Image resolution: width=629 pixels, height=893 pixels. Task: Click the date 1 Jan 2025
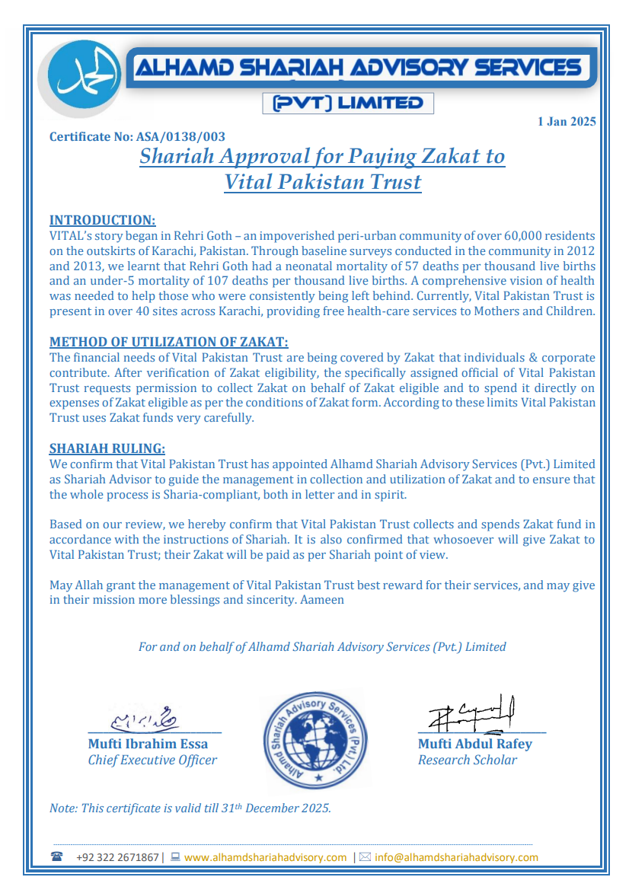[566, 122]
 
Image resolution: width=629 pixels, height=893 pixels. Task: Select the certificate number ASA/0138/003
[180, 137]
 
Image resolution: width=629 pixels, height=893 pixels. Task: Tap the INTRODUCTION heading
[102, 221]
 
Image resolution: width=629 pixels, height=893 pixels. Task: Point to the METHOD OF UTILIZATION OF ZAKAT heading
[168, 342]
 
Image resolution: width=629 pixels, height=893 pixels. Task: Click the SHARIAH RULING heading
[107, 448]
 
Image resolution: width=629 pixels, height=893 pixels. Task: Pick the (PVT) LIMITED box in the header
[347, 103]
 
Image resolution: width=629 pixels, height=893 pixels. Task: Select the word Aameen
[322, 600]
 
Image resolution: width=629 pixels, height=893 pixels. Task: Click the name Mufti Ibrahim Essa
[148, 744]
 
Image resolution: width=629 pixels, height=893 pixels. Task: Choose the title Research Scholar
[467, 760]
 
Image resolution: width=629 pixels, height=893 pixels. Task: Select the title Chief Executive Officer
[152, 760]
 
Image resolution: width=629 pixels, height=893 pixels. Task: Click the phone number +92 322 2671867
[117, 857]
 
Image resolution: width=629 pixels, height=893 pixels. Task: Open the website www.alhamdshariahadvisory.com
[265, 857]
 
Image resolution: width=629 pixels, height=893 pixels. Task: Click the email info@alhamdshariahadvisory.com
[456, 857]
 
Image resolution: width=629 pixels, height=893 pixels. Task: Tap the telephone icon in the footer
[57, 856]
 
